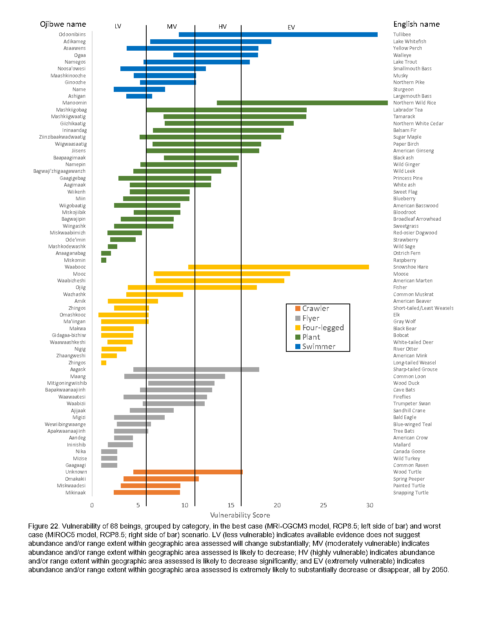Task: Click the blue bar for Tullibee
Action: coord(278,35)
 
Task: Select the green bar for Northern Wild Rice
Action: coord(302,103)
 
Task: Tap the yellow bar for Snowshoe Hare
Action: coord(278,267)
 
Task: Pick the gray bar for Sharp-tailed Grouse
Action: coord(196,370)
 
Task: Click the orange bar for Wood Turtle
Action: coord(188,472)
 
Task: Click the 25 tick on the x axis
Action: coord(324,505)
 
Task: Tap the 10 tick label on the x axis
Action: coord(185,505)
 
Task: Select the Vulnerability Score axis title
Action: coord(240,515)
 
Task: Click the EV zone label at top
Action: coord(291,27)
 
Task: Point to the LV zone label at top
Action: coord(118,26)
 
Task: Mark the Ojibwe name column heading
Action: coord(63,24)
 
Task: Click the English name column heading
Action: coord(416,24)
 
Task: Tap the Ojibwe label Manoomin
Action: coord(75,103)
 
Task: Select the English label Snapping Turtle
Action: coord(411,493)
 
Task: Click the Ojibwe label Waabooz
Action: coord(75,267)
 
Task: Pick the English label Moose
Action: coord(401,274)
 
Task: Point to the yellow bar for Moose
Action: coord(222,274)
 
